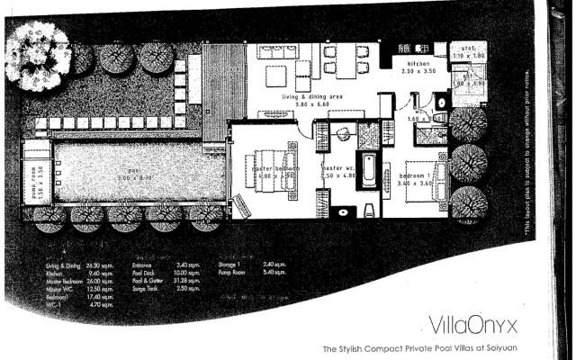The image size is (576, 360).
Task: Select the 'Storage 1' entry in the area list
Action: [231, 265]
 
